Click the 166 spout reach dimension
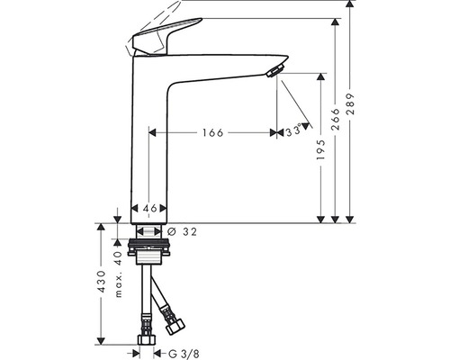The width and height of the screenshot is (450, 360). coord(211,133)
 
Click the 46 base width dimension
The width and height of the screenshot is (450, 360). coord(150,209)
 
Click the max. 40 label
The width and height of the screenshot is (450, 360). coord(118,273)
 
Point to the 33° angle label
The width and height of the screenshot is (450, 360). coord(293,130)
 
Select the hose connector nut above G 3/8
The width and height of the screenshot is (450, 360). coord(145,341)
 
